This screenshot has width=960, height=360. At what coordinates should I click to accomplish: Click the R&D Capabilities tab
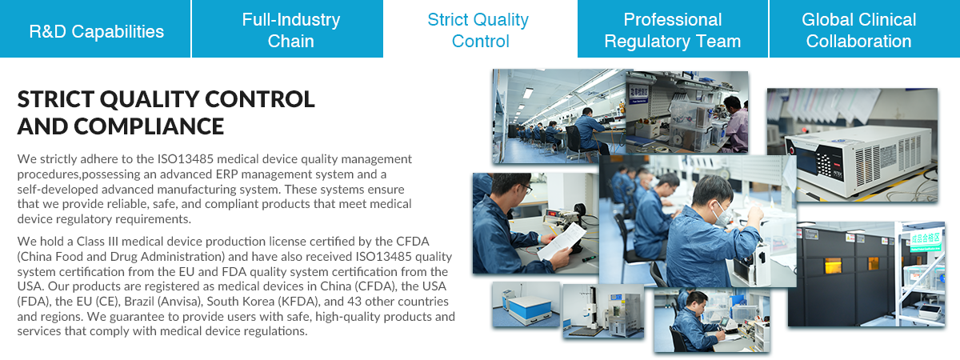point(95,29)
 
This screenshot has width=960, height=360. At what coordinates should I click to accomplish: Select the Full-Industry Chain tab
point(287,29)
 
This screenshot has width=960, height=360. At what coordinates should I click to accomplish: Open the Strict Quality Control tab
point(480,29)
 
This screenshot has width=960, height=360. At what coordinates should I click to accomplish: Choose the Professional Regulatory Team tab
point(673,29)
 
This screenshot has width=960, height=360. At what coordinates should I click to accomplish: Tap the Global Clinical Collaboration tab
point(865,29)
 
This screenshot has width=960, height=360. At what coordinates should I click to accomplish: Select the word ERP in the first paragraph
point(226,174)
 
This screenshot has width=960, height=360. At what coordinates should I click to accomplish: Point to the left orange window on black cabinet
point(832,266)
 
